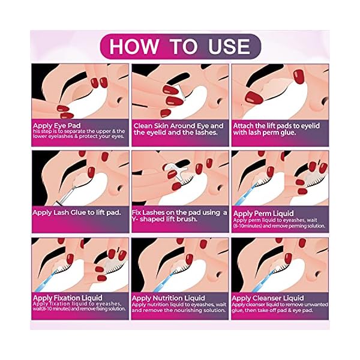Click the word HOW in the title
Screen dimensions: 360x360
pos(133,46)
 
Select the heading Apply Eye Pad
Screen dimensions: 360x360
pos(57,126)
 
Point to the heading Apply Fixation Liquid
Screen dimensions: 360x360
pos(67,298)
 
